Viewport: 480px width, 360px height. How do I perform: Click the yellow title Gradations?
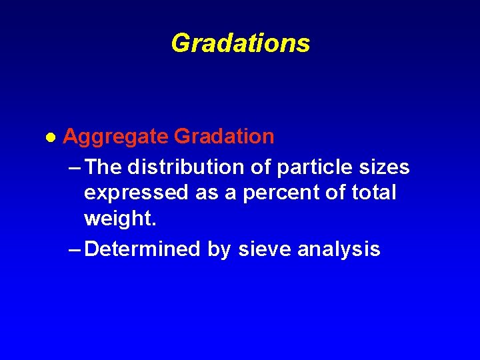240,43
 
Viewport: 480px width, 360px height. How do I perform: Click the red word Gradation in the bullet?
224,137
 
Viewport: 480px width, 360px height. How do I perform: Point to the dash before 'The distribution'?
75,166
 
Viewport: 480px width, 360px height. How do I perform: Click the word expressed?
137,193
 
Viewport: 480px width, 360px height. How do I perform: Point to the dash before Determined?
75,249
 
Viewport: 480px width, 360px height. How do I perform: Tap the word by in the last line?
219,250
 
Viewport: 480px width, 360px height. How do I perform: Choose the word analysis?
339,249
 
